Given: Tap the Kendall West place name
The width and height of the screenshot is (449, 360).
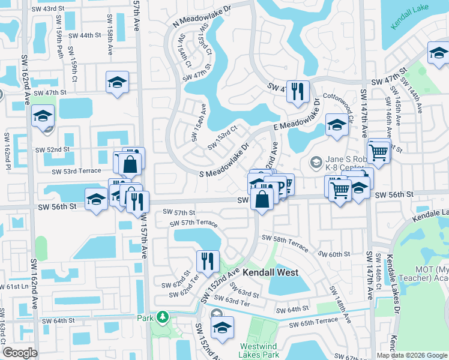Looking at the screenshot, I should tap(270, 272).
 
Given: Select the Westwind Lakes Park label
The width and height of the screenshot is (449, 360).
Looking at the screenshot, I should tap(259, 350).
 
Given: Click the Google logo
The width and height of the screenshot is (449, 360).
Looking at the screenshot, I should tap(20, 353).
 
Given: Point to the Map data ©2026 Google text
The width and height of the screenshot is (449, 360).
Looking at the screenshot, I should tap(412, 355).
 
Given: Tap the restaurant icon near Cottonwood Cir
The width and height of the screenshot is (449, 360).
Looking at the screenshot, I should tap(297, 92).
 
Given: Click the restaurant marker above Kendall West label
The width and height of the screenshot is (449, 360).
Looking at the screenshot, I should tap(205, 261).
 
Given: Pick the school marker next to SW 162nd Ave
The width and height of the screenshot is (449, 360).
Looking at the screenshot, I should tap(43, 116).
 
